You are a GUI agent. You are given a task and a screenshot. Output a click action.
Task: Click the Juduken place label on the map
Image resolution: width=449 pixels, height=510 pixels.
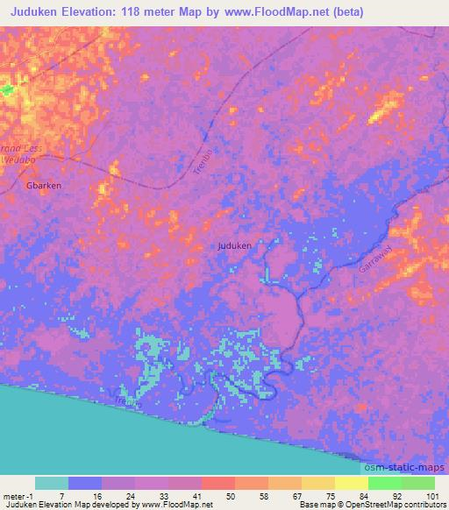(234, 246)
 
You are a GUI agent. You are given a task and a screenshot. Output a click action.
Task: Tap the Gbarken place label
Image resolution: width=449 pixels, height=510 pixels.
(44, 187)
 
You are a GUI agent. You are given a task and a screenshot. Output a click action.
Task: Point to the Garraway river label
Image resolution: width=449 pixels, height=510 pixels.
(374, 261)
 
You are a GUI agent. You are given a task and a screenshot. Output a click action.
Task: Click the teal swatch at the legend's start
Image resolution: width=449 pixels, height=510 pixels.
(52, 483)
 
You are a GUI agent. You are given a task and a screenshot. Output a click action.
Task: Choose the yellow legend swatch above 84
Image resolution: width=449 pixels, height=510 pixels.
(351, 483)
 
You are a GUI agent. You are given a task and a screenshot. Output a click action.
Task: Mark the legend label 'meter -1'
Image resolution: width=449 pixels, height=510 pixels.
(18, 495)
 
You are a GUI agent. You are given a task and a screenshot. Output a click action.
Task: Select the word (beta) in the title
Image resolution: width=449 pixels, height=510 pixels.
(347, 12)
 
